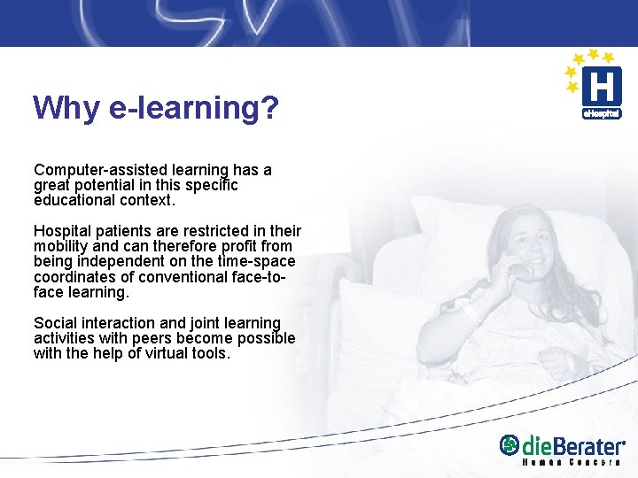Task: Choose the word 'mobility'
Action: pos(61,247)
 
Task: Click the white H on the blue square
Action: pos(600,88)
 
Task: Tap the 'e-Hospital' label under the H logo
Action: pos(601,113)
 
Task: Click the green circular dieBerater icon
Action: pos(510,444)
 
